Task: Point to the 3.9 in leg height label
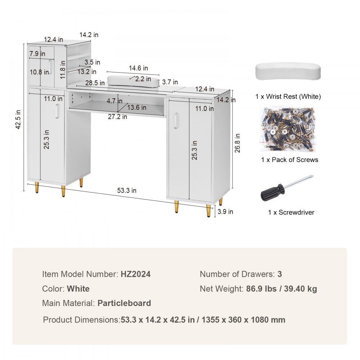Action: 225,211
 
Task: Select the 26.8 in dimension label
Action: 237,143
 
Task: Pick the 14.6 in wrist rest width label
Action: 138,68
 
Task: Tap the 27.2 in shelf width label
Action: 117,117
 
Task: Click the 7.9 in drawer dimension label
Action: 37,54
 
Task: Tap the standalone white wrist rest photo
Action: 288,72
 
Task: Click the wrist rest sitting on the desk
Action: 134,81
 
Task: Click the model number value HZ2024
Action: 135,274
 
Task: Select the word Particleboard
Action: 124,303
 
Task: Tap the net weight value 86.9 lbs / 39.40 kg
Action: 282,289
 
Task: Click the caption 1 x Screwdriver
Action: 291,212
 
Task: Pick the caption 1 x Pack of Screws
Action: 289,159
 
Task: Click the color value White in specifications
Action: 78,289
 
